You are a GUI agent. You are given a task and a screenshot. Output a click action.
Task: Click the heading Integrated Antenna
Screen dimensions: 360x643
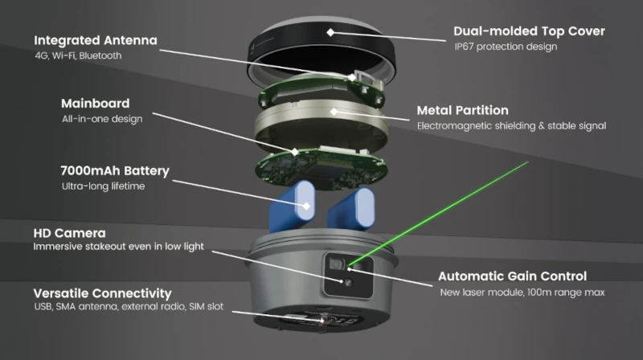coord(95,39)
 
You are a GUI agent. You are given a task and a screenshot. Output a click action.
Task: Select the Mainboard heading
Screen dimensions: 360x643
coord(95,104)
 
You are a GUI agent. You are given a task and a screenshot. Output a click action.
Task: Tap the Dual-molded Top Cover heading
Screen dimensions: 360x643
coord(529,31)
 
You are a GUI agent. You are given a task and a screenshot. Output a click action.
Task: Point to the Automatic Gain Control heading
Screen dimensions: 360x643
coord(512,276)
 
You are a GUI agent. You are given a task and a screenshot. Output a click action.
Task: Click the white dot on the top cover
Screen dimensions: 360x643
coord(330,32)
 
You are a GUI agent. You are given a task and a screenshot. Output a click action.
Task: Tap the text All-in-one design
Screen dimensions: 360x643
coord(102,120)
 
